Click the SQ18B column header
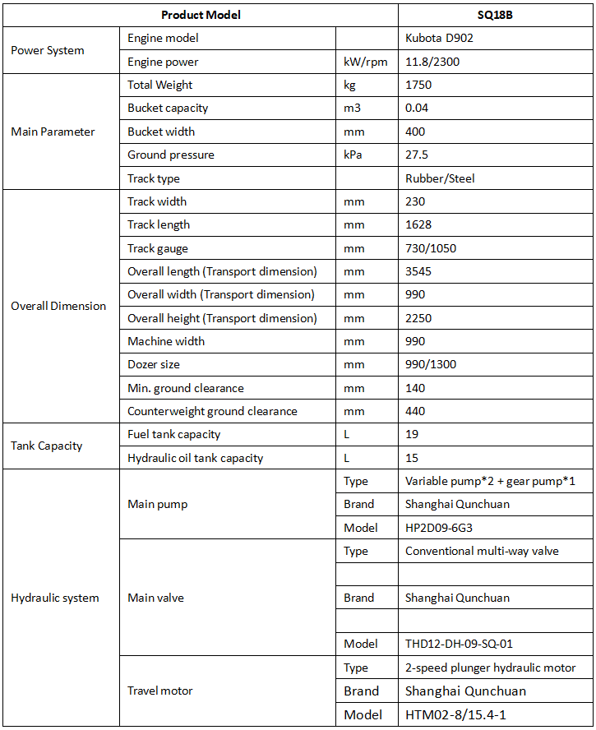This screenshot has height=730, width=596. (x=496, y=15)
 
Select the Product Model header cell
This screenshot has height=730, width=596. (x=201, y=15)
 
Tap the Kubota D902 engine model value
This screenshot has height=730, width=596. (x=439, y=38)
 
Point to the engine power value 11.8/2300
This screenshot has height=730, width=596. (x=434, y=62)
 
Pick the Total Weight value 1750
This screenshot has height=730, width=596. (x=418, y=85)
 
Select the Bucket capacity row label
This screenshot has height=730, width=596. (x=168, y=108)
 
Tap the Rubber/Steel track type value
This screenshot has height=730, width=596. (x=440, y=178)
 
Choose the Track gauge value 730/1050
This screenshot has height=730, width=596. (x=432, y=248)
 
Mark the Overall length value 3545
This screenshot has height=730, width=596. (x=418, y=271)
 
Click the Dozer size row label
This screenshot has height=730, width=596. (x=154, y=364)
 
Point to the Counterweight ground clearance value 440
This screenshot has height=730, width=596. (x=415, y=411)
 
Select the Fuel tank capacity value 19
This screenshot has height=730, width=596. (x=412, y=434)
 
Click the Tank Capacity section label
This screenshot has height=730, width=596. (x=47, y=446)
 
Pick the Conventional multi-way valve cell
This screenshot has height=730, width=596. (x=482, y=551)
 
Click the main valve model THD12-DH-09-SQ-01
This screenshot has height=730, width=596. (x=459, y=644)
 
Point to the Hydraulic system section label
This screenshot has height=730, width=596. (x=54, y=598)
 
